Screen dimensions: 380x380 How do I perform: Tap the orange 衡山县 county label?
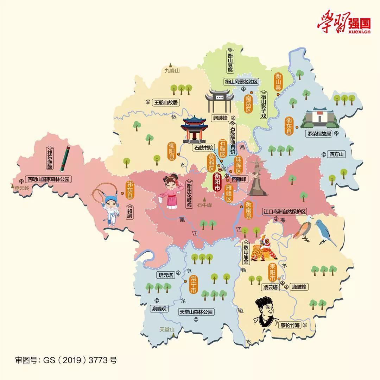point(278,82)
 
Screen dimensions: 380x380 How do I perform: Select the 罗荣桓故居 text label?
point(318,134)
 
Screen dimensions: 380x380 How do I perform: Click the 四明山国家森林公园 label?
point(49,179)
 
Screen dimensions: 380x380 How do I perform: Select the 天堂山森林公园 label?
point(196,312)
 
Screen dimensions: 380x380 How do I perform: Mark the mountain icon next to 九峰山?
point(171,65)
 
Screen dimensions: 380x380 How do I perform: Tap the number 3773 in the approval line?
point(99,360)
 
